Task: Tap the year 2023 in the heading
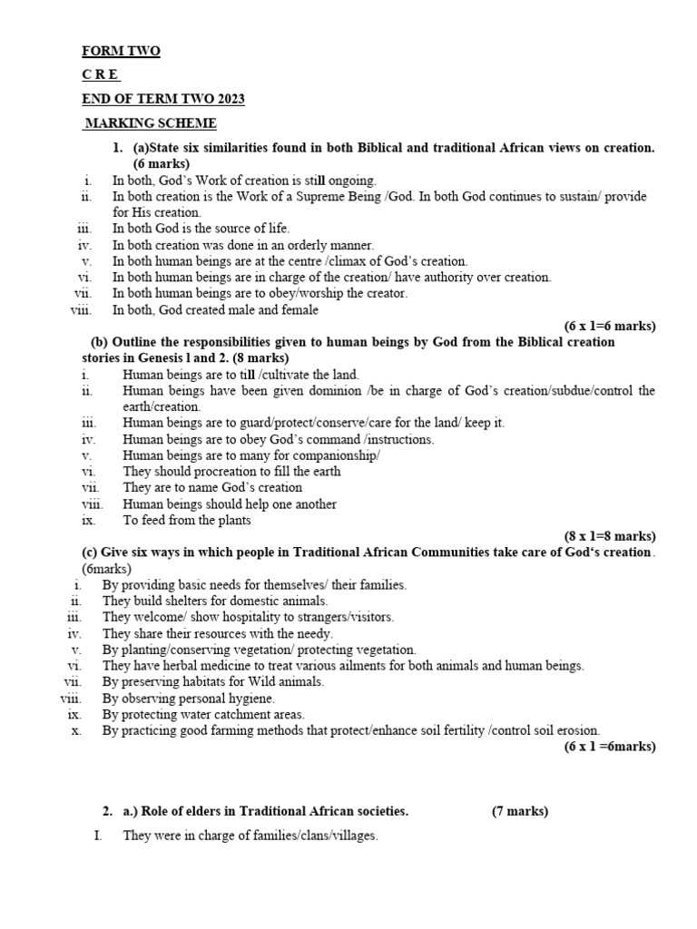point(227,99)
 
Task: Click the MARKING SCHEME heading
point(151,123)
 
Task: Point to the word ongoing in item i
point(350,181)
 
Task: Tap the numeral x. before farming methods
point(77,730)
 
